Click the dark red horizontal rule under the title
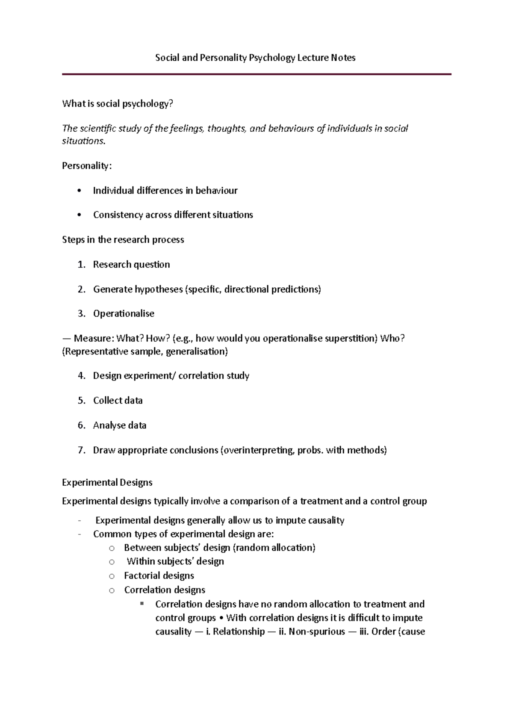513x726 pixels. [x=256, y=74]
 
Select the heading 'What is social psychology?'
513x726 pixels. [x=118, y=104]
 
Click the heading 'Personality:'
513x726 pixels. [x=87, y=166]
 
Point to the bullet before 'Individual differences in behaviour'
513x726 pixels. [x=80, y=191]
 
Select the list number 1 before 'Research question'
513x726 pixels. [x=81, y=265]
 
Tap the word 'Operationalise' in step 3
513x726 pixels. [x=124, y=314]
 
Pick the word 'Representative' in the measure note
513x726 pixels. [x=96, y=352]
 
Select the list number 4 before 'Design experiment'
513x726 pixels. [x=81, y=376]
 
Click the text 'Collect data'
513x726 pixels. [x=118, y=401]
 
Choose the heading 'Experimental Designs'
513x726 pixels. [x=107, y=483]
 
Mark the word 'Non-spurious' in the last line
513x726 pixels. [x=316, y=632]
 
